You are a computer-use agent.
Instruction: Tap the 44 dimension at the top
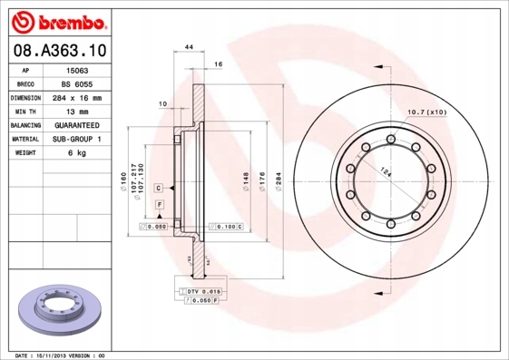click(189, 46)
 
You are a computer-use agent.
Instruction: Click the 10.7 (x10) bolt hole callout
click(427, 112)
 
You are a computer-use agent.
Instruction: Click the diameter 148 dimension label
click(245, 186)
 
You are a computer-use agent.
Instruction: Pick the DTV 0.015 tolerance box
click(201, 290)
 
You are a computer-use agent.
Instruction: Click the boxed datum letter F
click(160, 206)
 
